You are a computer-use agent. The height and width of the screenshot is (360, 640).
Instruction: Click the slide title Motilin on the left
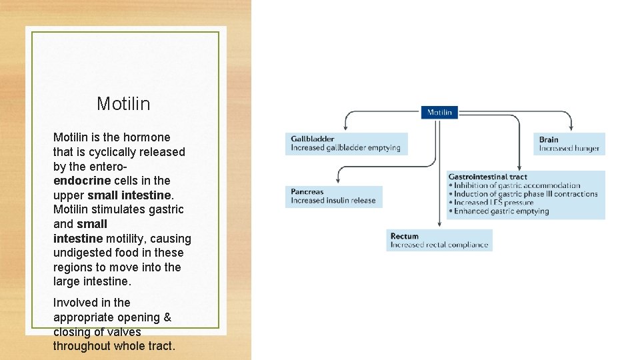(123, 103)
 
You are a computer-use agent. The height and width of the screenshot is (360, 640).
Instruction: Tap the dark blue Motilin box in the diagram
(439, 112)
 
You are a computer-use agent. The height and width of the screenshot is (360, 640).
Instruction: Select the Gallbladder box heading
(313, 139)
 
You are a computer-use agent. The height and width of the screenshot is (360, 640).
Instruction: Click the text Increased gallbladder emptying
(345, 147)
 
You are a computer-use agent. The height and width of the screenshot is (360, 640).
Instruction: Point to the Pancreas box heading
(307, 191)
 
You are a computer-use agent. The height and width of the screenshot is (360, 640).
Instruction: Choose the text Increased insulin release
(333, 200)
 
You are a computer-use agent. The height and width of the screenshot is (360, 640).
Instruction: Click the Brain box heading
(549, 139)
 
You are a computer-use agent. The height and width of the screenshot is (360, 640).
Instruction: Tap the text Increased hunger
(569, 148)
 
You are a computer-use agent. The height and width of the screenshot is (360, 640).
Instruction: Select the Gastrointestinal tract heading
(487, 177)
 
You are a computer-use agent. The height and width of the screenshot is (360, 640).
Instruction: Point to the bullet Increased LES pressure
(493, 203)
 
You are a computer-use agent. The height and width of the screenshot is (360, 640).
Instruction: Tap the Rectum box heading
(405, 236)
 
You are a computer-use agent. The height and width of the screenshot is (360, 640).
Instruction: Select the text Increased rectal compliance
(439, 245)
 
